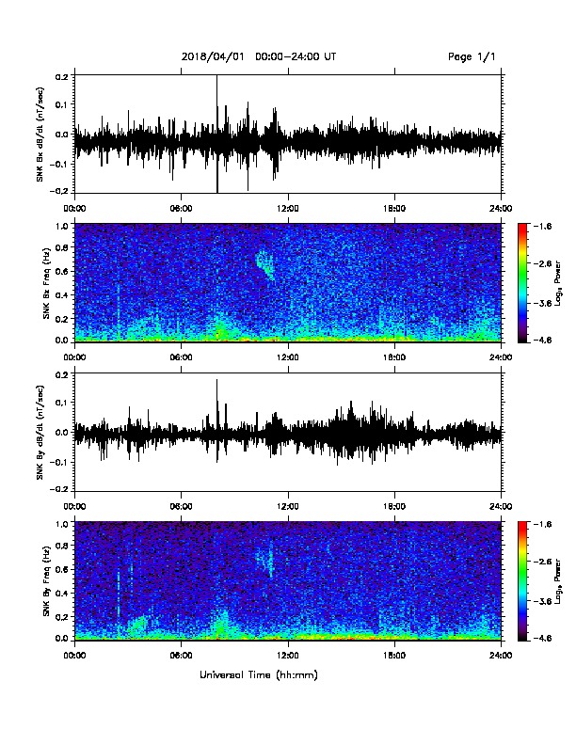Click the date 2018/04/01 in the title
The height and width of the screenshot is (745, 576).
[x=213, y=56]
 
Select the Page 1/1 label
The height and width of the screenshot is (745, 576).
[x=472, y=57]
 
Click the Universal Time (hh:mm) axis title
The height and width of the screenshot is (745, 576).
[x=259, y=674]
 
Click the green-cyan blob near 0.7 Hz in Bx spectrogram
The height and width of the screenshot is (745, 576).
[x=264, y=265]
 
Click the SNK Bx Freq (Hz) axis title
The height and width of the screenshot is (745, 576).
[x=46, y=282]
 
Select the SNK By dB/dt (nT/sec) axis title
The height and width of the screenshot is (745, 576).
[x=40, y=432]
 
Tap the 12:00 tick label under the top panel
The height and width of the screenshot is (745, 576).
[x=287, y=208]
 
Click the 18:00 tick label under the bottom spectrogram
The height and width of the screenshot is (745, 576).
[x=394, y=656]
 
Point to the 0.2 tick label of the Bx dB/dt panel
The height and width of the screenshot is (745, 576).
[x=63, y=76]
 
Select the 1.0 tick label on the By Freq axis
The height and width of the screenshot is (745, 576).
[x=63, y=524]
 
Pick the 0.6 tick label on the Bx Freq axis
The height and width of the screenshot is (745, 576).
[x=63, y=271]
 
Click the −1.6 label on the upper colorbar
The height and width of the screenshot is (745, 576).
[x=542, y=226]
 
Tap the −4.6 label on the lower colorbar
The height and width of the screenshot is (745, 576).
[x=542, y=638]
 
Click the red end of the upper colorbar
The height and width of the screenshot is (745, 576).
[x=522, y=226]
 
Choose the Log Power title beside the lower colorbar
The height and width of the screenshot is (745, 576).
[x=558, y=581]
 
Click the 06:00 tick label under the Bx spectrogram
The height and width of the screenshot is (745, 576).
[x=181, y=357]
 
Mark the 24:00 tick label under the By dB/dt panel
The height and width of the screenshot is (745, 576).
[x=502, y=506]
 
